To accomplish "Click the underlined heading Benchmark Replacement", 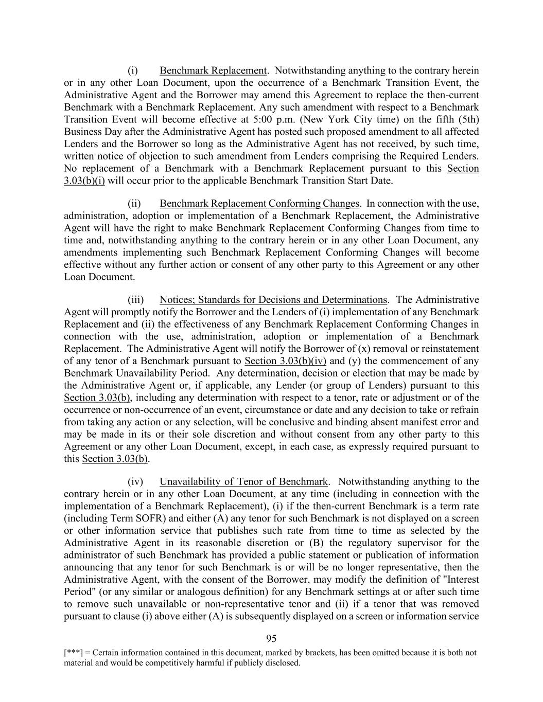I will point(213,70).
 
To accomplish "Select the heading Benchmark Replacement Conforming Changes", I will point(259,204).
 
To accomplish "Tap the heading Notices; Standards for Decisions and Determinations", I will point(273,300).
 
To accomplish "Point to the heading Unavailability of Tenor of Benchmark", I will point(243,482).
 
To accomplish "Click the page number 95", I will point(271,639).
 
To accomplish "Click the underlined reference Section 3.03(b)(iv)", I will point(286,361).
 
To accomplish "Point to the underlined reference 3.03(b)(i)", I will point(84,181).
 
